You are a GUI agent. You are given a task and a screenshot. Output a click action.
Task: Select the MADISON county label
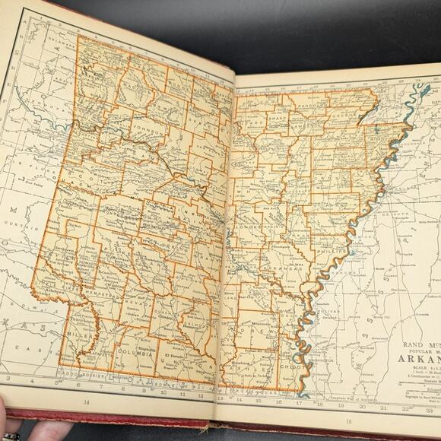click(135, 82)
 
